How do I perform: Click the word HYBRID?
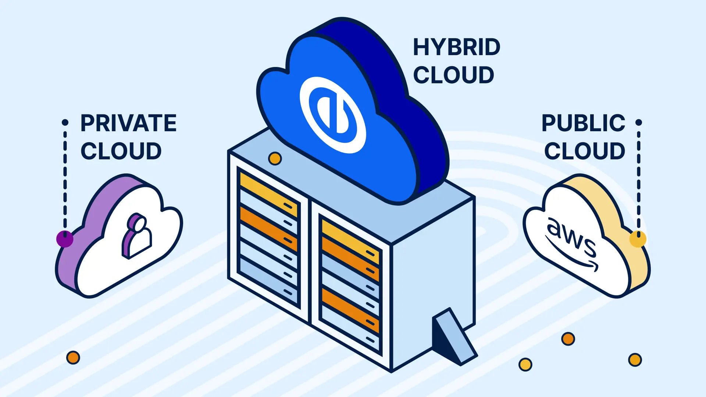tap(456, 47)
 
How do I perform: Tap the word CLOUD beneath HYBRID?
tap(453, 75)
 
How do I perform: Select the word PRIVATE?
tap(128, 123)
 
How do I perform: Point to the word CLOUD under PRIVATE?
tap(121, 151)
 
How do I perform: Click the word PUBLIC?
tap(583, 123)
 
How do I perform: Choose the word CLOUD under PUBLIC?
tap(585, 151)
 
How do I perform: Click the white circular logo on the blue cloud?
tap(333, 115)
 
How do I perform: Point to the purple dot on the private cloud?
tap(65, 239)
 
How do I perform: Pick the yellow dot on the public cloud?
tap(638, 239)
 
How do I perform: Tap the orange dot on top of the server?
tap(275, 159)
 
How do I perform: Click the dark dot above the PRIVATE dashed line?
tap(65, 122)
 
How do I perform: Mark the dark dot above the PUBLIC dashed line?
tap(639, 122)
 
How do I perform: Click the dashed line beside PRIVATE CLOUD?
tap(65, 176)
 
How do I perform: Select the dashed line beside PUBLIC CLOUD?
tap(639, 176)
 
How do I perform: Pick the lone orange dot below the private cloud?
tap(73, 357)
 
